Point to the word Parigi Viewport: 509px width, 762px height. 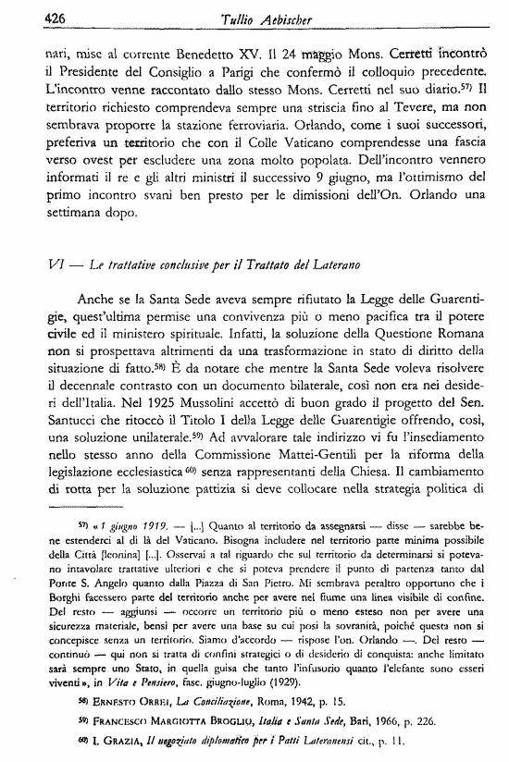pyautogui.click(x=211, y=73)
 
